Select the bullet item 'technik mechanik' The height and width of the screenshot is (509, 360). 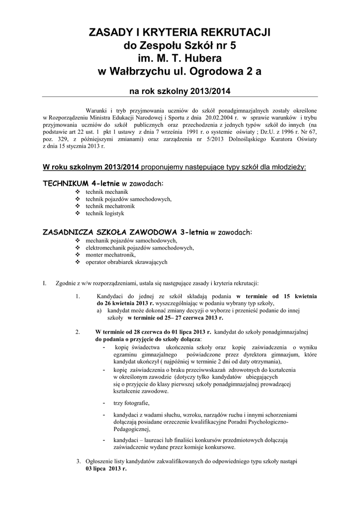click(107, 191)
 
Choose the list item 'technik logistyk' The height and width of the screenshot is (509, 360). click(105, 213)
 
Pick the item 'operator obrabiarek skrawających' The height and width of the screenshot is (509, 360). click(126, 261)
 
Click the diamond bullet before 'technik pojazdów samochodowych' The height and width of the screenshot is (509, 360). click(77, 199)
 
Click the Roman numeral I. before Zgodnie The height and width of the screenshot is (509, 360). click(45, 283)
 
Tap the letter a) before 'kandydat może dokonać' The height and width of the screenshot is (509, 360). click(99, 310)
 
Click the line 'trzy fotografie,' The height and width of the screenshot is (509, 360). click(131, 403)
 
